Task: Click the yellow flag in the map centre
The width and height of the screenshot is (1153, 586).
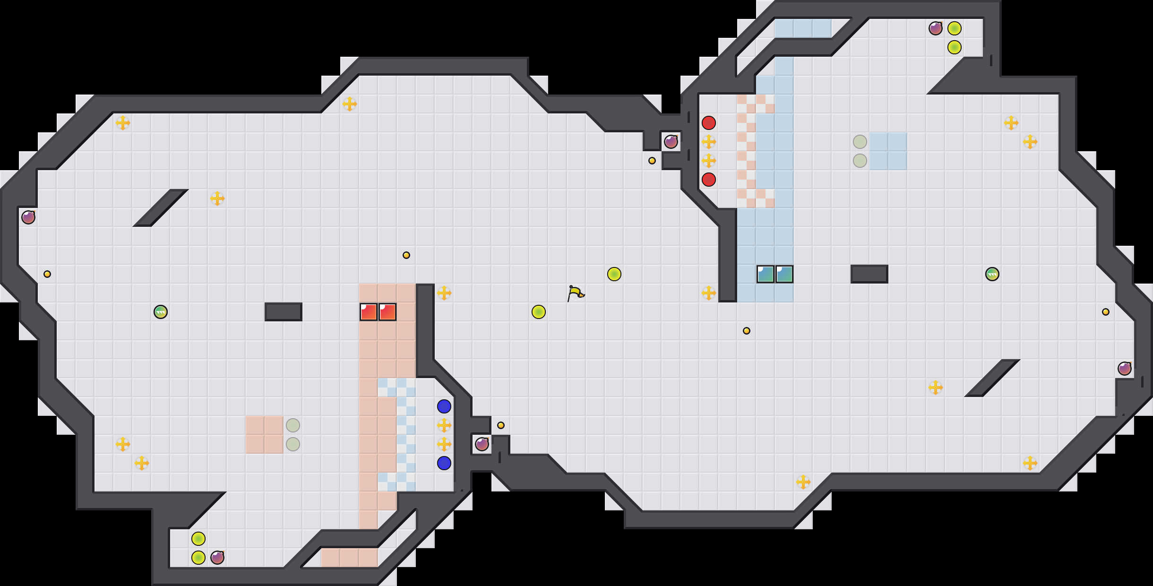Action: pyautogui.click(x=576, y=293)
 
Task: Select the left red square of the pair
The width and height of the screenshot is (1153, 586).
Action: pyautogui.click(x=369, y=312)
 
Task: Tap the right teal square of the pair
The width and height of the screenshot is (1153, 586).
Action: pyautogui.click(x=784, y=274)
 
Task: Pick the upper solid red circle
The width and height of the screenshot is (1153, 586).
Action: pyautogui.click(x=709, y=123)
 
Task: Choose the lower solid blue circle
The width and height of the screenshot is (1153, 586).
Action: pyautogui.click(x=444, y=463)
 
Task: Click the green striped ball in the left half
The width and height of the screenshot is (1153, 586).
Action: pyautogui.click(x=161, y=312)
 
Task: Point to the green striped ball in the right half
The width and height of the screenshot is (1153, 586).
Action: pyautogui.click(x=992, y=274)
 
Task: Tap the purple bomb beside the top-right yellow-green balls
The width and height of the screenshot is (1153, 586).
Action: pyautogui.click(x=936, y=28)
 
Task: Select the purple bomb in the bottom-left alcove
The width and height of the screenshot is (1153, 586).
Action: pyautogui.click(x=217, y=558)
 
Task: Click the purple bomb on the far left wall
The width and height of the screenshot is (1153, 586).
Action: pyautogui.click(x=28, y=217)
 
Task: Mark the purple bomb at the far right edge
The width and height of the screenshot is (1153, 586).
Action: pyautogui.click(x=1125, y=369)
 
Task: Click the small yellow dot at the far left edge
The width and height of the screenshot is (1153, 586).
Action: pyautogui.click(x=47, y=274)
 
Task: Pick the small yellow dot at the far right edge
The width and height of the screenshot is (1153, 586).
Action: pyautogui.click(x=1106, y=312)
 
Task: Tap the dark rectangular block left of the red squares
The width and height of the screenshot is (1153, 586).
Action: pyautogui.click(x=284, y=312)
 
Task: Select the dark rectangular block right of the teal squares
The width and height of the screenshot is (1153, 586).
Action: pyautogui.click(x=869, y=274)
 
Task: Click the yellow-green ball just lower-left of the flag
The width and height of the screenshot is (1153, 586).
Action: pyautogui.click(x=539, y=312)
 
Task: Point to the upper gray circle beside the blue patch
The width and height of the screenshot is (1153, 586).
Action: pyautogui.click(x=860, y=142)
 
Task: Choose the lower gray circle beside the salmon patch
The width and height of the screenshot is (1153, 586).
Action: pyautogui.click(x=293, y=444)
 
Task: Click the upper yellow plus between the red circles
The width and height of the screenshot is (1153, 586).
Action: pyautogui.click(x=709, y=142)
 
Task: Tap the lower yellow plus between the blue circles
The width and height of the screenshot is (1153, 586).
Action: pyautogui.click(x=444, y=444)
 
